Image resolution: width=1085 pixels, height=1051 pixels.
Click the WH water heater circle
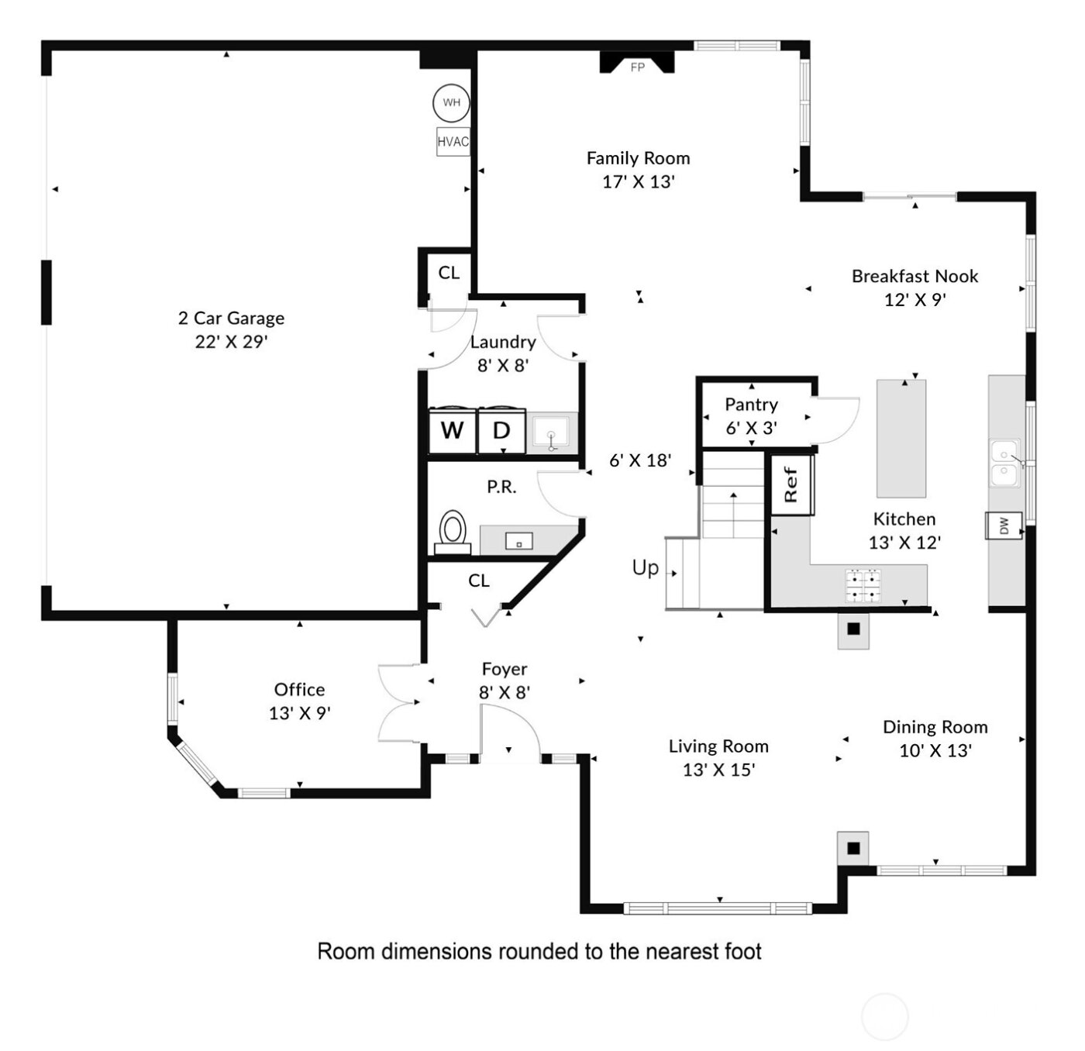[451, 102]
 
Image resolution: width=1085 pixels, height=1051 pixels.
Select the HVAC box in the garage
[453, 142]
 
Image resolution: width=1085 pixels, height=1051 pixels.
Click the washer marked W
[453, 430]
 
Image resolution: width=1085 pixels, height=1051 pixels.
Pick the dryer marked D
[501, 430]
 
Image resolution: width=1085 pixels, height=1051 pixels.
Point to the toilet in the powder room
[453, 531]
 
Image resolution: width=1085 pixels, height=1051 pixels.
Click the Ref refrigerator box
[790, 484]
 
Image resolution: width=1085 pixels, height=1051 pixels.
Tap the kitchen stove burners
[863, 586]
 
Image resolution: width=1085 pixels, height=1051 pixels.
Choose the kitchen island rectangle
[901, 438]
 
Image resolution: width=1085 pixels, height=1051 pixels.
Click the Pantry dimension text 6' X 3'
[751, 428]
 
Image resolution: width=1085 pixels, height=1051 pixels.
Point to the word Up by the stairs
[646, 568]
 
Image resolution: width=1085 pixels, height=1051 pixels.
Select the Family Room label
[638, 158]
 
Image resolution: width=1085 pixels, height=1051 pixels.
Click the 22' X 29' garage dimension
[231, 342]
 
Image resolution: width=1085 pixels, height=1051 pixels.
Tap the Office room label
[299, 690]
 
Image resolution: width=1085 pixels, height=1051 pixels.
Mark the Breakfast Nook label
[914, 277]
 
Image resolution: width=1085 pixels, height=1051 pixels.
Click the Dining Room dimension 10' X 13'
[935, 750]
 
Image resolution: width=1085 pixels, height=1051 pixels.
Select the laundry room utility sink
[552, 432]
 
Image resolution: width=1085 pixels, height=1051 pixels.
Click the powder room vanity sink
[518, 541]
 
